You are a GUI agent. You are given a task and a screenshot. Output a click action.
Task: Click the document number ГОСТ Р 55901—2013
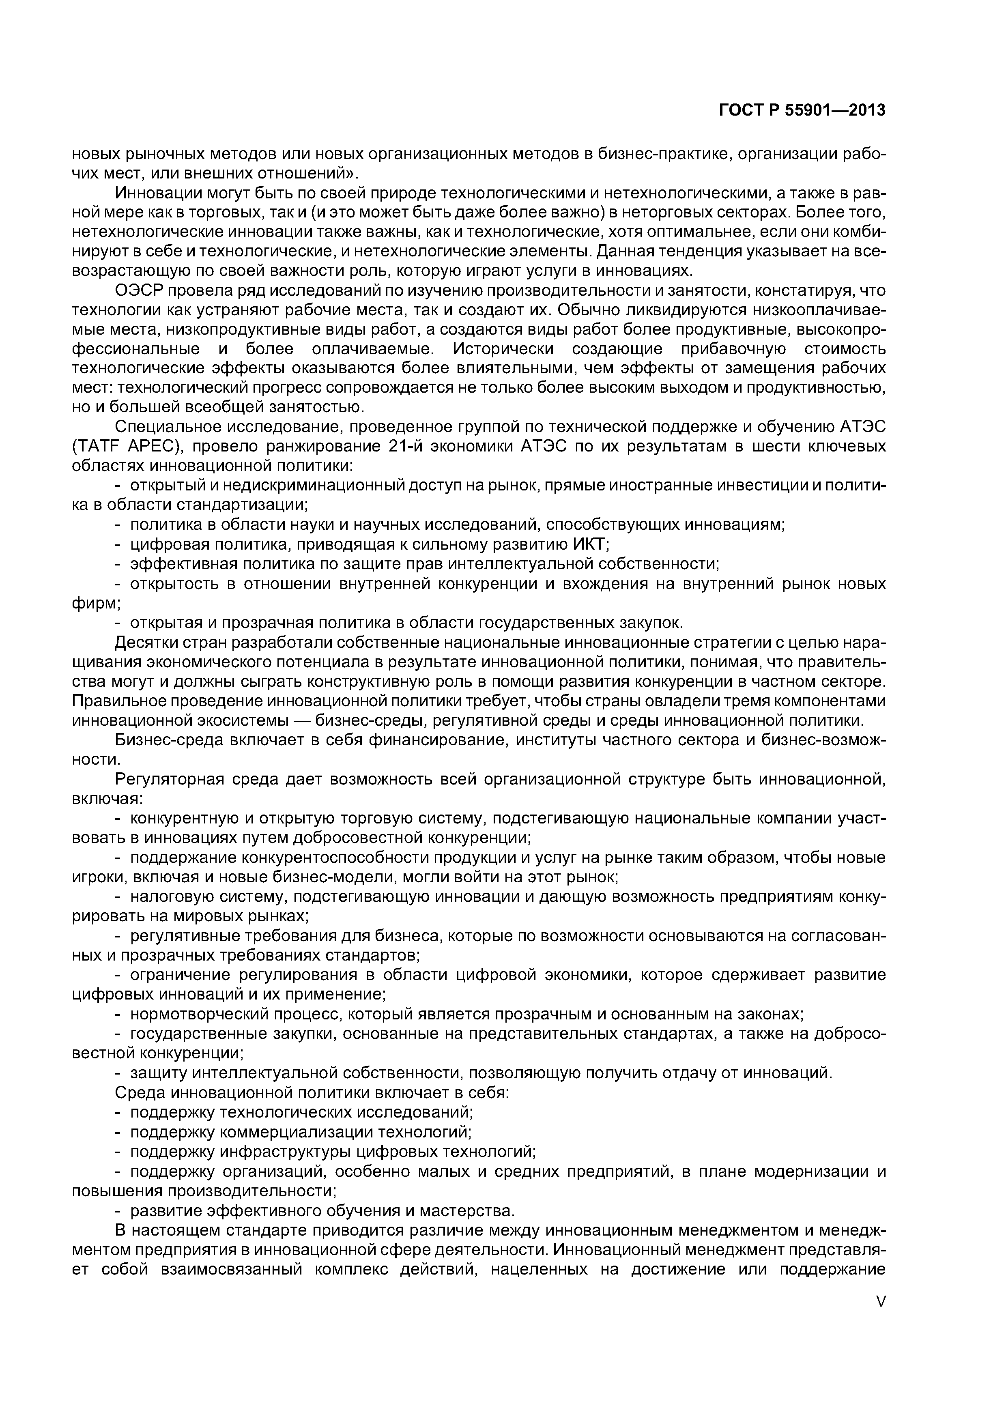pyautogui.click(x=802, y=110)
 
